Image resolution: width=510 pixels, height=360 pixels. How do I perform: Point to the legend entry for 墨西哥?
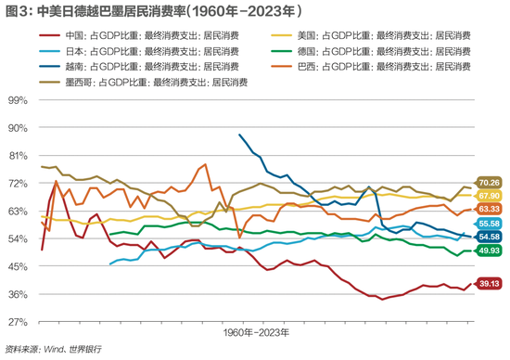click(x=149, y=82)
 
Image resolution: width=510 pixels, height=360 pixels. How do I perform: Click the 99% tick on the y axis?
click(x=19, y=100)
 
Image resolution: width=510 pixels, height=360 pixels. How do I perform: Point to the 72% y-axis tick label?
click(x=19, y=184)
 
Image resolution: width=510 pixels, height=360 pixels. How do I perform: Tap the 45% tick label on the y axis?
click(x=19, y=267)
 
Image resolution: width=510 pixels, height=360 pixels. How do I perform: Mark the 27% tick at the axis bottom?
click(x=19, y=322)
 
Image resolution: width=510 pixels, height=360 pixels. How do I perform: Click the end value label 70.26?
click(x=489, y=182)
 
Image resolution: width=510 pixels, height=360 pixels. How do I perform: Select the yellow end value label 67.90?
click(x=489, y=196)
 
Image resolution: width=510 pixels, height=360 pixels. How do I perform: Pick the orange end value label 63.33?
click(x=489, y=209)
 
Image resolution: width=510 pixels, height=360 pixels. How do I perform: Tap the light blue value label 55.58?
click(x=489, y=224)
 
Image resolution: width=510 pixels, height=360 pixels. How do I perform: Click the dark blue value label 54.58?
click(x=489, y=237)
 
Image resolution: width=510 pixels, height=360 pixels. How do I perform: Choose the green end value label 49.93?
click(x=489, y=251)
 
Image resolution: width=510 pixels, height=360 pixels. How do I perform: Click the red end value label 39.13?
click(x=489, y=284)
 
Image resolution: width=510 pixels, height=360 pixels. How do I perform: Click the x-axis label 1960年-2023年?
click(x=255, y=331)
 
